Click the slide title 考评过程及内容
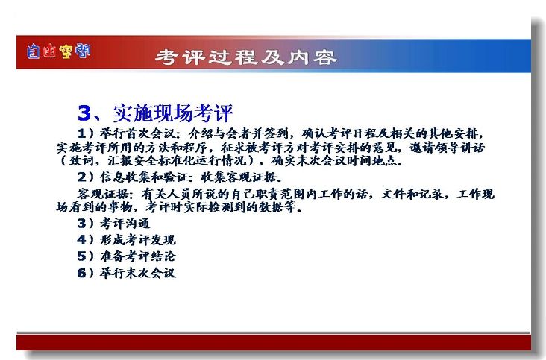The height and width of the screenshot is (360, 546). tap(246, 57)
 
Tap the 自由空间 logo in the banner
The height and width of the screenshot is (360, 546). tap(58, 51)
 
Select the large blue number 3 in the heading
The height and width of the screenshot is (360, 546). tap(84, 113)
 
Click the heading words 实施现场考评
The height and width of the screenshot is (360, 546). tap(173, 113)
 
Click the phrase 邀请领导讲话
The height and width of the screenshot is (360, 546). tap(447, 148)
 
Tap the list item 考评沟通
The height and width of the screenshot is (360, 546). tap(125, 223)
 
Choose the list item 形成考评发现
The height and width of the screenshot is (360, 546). tap(138, 240)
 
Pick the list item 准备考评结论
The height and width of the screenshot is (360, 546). tap(138, 256)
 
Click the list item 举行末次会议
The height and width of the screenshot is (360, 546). tap(138, 273)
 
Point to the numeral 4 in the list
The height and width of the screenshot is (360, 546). tap(81, 240)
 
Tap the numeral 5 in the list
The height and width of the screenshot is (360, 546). tap(81, 256)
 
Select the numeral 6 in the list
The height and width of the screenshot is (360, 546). tap(81, 273)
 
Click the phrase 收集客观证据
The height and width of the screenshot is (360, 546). tap(239, 177)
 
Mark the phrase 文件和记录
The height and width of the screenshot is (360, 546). tap(412, 194)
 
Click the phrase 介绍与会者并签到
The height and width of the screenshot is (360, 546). tap(239, 133)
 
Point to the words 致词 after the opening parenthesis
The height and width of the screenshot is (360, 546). tap(81, 161)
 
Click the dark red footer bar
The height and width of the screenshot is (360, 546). tap(274, 342)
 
